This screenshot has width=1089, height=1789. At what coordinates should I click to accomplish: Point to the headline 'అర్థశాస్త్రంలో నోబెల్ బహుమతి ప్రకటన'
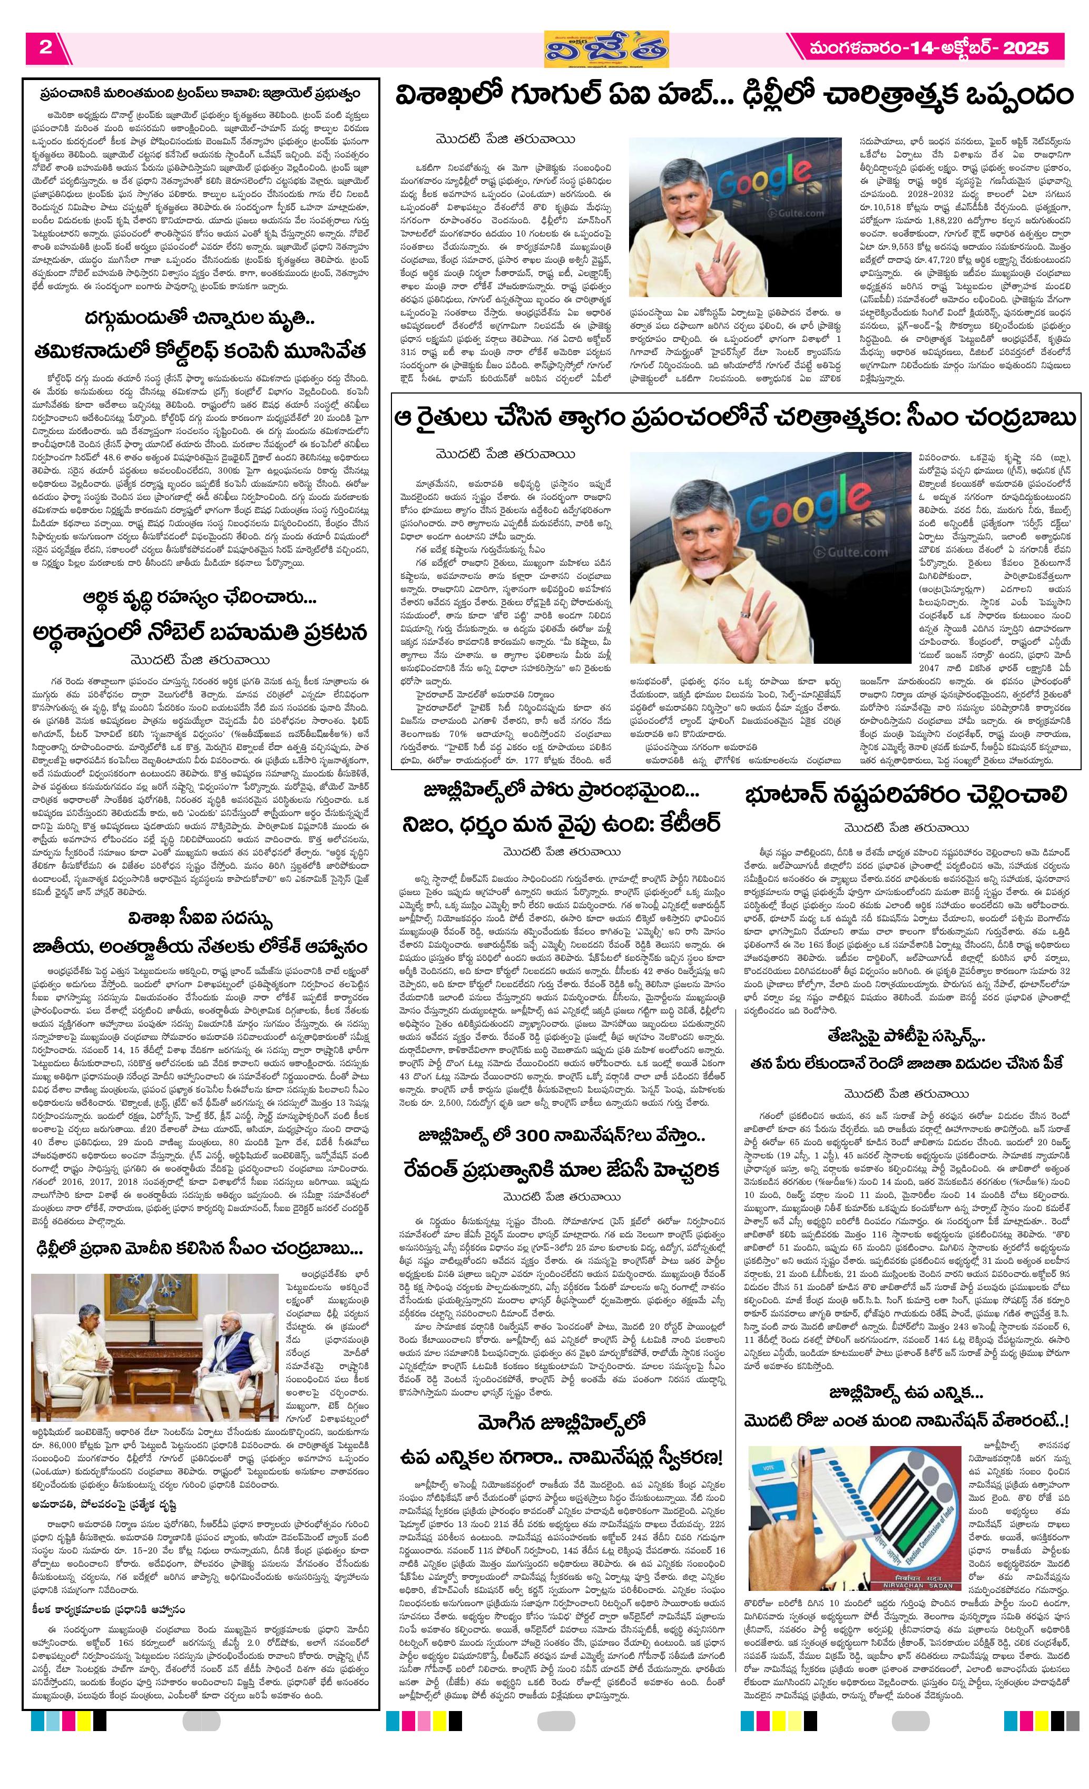click(x=200, y=631)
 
